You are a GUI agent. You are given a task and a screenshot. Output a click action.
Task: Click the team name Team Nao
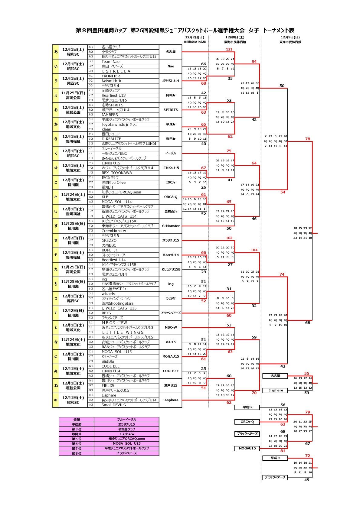[x=110, y=62]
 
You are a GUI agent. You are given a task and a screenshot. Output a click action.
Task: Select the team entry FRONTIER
[x=111, y=76]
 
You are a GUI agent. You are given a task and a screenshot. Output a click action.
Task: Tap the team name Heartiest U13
[x=113, y=96]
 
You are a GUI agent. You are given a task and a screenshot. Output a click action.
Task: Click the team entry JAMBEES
[x=110, y=115]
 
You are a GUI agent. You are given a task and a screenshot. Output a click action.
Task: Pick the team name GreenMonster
[x=114, y=231]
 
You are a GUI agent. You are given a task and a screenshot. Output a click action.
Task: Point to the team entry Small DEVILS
[x=113, y=405]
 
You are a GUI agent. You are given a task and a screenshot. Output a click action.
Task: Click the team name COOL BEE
[x=111, y=366]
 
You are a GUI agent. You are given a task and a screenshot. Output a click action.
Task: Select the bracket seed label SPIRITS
[x=171, y=110]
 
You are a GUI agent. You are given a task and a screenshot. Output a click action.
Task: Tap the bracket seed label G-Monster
[x=171, y=226]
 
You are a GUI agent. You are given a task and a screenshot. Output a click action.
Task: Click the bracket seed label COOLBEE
[x=171, y=371]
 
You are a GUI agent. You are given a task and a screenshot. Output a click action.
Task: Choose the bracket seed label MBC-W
[x=171, y=328]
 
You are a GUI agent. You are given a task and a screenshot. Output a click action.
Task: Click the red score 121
[x=229, y=49]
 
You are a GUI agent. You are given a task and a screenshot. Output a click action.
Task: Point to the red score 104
[x=254, y=250]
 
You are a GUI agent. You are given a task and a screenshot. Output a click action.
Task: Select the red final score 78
[x=308, y=139]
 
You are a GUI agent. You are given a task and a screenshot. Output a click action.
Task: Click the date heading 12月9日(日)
[x=290, y=37]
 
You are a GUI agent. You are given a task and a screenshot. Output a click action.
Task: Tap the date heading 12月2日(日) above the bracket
[x=195, y=37]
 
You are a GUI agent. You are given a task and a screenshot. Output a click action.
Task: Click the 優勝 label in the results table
[x=77, y=420]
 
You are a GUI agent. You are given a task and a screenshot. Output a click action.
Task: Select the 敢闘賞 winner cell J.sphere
[x=126, y=434]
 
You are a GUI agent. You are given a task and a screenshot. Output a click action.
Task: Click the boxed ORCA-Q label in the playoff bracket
[x=247, y=422]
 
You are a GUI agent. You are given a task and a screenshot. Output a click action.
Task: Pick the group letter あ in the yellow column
[x=56, y=52]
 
